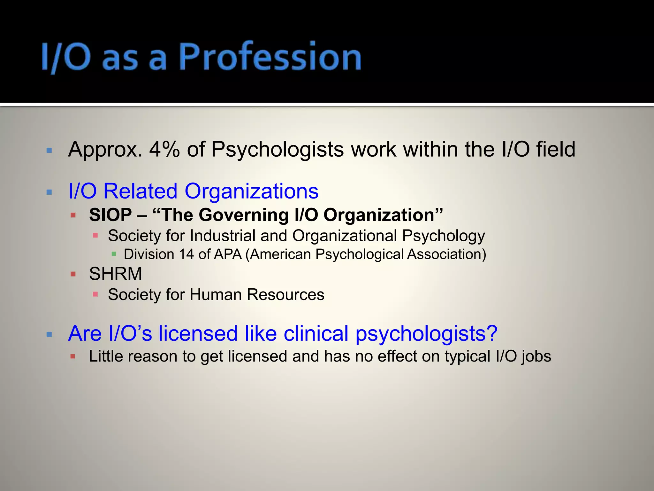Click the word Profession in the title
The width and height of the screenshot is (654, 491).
(x=270, y=57)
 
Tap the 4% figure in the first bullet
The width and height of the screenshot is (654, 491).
(x=164, y=149)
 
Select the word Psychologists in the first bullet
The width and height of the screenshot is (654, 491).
(x=278, y=149)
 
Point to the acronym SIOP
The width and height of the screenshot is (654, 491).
(x=110, y=215)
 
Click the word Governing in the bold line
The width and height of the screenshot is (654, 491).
(x=244, y=215)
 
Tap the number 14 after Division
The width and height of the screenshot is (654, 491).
(x=186, y=254)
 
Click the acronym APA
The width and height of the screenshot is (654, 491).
(x=228, y=254)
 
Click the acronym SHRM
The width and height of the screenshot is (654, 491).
(x=116, y=274)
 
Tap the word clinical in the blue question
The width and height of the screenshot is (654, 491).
(x=316, y=333)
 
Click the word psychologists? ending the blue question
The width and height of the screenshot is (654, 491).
(x=426, y=333)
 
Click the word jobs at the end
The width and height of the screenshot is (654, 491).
(x=537, y=356)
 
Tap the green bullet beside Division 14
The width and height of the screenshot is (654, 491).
(x=114, y=254)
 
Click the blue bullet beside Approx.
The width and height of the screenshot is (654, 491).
(x=49, y=150)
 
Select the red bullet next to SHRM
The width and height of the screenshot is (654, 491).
(x=73, y=274)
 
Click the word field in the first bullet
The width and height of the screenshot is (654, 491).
(x=556, y=149)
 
